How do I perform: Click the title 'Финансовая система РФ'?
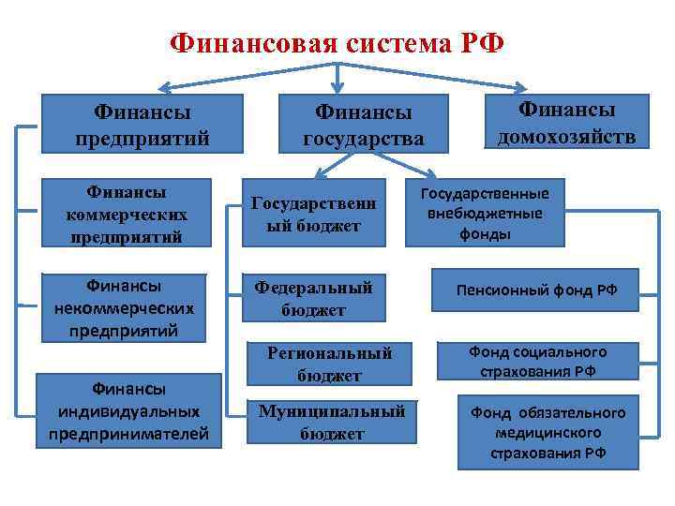tap(337, 43)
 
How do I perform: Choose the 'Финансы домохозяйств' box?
tap(566, 123)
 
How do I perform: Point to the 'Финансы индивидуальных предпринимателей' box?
tap(129, 410)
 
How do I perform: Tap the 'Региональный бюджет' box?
tap(329, 364)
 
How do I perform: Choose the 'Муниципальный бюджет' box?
tap(331, 423)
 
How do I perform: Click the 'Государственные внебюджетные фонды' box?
tap(485, 213)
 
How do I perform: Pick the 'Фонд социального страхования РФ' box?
tap(537, 362)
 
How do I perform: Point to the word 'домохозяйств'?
tap(566, 137)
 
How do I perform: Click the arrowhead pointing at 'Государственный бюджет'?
tap(317, 175)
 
